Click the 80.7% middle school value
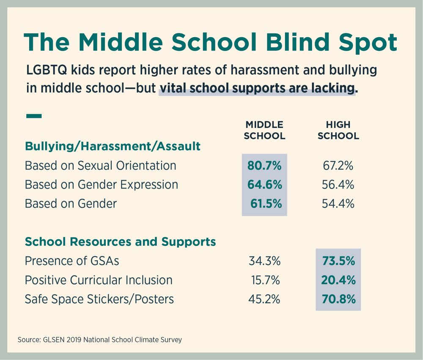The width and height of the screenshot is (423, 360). click(264, 166)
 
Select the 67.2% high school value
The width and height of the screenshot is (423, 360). click(338, 166)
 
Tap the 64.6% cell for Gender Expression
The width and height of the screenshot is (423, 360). click(264, 185)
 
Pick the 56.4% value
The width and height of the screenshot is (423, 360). click(338, 185)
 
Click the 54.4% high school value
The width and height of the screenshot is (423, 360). click(338, 204)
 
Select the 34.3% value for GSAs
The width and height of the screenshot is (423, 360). click(264, 261)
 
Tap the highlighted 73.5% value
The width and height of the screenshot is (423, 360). click(338, 261)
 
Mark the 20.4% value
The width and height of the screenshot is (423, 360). click(338, 280)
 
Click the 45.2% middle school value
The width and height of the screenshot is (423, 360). click(264, 299)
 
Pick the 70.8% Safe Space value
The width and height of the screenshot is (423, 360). click(338, 299)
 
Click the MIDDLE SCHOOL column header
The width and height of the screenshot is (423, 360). click(264, 130)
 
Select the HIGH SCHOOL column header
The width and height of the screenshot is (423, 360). click(338, 130)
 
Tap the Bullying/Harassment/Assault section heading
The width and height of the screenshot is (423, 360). click(113, 146)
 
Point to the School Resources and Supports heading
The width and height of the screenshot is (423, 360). click(121, 242)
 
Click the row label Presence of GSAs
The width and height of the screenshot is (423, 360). click(72, 261)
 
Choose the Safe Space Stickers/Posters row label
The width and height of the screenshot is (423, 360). click(99, 299)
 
